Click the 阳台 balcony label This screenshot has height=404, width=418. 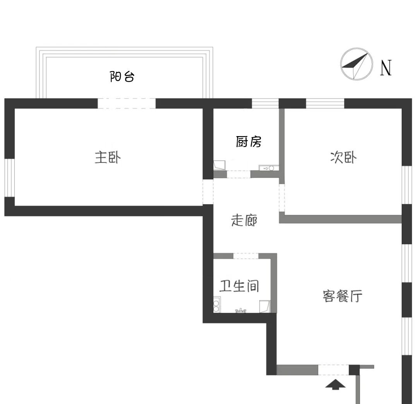point(122,77)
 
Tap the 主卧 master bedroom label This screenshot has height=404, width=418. point(108,158)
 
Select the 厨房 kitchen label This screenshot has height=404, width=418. point(249,142)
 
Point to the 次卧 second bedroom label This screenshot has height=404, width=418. point(343,157)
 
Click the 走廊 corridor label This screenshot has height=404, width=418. point(244,221)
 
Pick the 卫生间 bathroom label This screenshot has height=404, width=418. point(239,286)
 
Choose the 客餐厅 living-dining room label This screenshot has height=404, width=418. point(343,297)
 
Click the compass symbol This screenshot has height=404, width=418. point(356,64)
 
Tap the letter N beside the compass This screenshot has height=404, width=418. point(386,68)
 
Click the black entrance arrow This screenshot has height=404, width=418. point(335,384)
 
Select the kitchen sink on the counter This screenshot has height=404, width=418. point(269,168)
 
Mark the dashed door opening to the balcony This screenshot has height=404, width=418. point(126,103)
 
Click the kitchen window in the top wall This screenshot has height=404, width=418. point(265,103)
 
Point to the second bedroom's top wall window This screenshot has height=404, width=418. point(325,103)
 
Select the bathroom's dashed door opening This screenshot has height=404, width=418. point(246,256)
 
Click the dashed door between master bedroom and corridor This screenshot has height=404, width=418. point(208,191)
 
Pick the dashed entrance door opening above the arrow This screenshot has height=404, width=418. point(333,370)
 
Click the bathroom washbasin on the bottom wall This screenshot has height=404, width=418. point(241,310)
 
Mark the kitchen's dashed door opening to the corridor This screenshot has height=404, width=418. point(238,174)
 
